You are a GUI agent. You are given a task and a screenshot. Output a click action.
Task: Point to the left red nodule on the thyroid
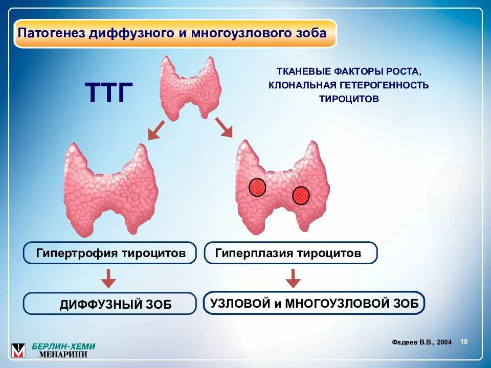(257, 188)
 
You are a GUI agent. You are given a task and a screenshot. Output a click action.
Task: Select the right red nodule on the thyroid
(301, 195)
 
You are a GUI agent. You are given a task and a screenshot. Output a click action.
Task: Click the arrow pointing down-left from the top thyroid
(156, 130)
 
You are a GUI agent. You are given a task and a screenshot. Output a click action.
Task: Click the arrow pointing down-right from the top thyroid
(224, 127)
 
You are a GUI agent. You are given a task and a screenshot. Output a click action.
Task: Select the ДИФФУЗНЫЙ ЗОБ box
(109, 304)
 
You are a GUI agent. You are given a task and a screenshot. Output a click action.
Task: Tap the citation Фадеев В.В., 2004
(421, 342)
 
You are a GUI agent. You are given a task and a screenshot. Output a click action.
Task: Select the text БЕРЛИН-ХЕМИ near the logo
(63, 346)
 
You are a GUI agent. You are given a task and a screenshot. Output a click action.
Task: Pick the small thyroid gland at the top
(190, 87)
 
